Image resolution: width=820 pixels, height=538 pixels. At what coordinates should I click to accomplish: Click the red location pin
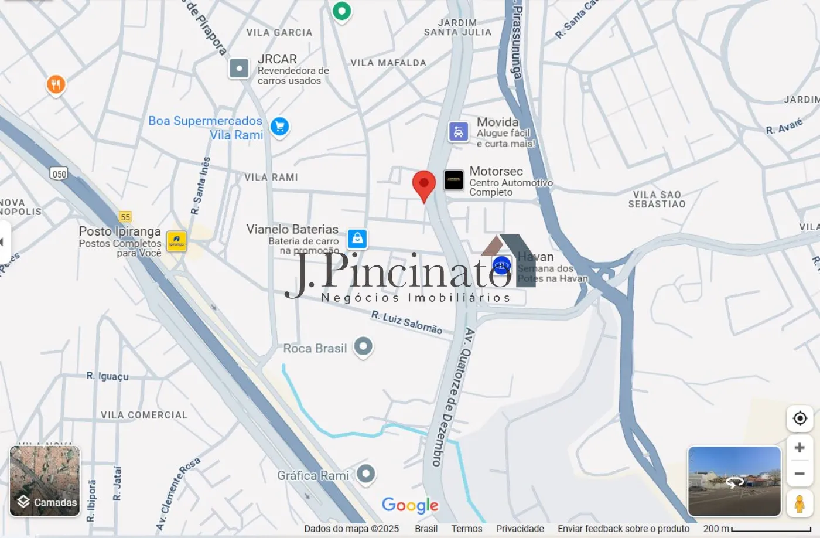point(423,184)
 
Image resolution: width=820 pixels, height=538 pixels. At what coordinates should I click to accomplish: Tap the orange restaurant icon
point(56,85)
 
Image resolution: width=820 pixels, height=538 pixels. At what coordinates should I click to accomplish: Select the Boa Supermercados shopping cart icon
point(280,127)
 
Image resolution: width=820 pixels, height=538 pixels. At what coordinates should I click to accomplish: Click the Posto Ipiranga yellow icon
point(176,241)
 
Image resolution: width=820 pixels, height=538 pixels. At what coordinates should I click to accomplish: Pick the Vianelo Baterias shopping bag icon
point(357,239)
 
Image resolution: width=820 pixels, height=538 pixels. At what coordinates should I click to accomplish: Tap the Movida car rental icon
point(458,132)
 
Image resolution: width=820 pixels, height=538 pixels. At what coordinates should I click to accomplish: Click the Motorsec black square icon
point(453,180)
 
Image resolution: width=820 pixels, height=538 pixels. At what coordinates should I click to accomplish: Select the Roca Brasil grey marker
point(363,346)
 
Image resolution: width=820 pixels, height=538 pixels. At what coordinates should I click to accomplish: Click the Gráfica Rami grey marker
point(366,474)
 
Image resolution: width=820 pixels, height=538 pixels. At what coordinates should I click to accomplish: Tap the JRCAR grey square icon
point(239,69)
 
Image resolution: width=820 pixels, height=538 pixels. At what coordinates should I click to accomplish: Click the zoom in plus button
point(799,448)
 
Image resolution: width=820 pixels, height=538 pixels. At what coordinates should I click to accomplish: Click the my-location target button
point(799,418)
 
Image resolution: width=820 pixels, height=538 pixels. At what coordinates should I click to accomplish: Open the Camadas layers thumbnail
point(45,481)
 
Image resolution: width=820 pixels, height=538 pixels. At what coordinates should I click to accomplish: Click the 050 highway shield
point(59,173)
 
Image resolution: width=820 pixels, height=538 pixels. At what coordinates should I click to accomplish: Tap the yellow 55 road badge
point(125,217)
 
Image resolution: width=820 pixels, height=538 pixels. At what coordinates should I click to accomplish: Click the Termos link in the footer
point(467,529)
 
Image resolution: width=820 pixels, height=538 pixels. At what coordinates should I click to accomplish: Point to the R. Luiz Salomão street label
point(406,322)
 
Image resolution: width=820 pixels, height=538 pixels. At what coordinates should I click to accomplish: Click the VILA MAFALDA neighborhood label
point(388,63)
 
